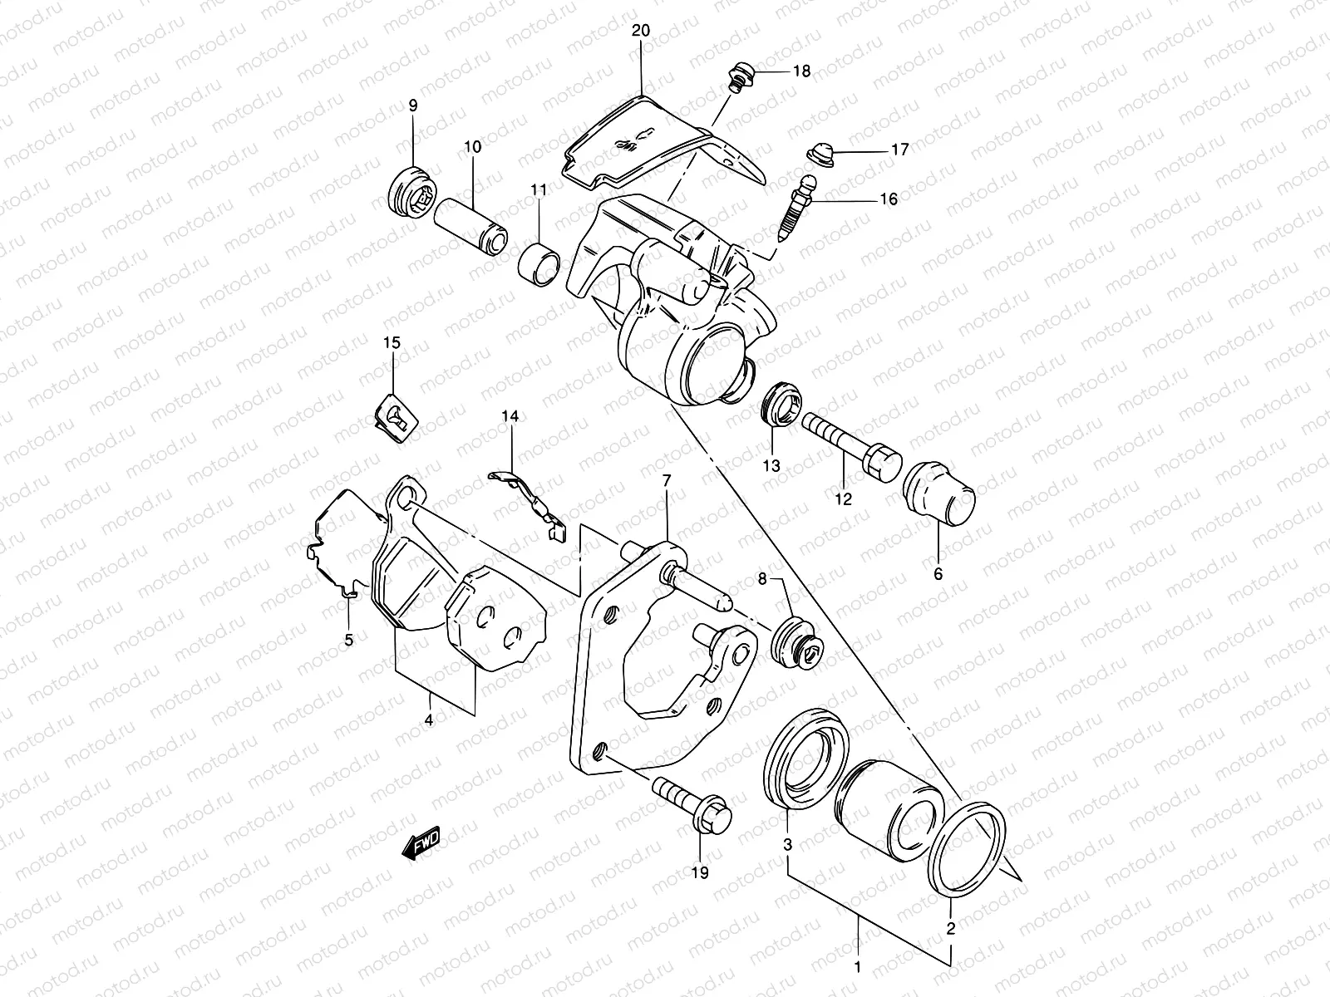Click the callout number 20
tap(641, 31)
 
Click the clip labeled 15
tap(393, 413)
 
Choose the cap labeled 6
tap(940, 498)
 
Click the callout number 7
tap(666, 481)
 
